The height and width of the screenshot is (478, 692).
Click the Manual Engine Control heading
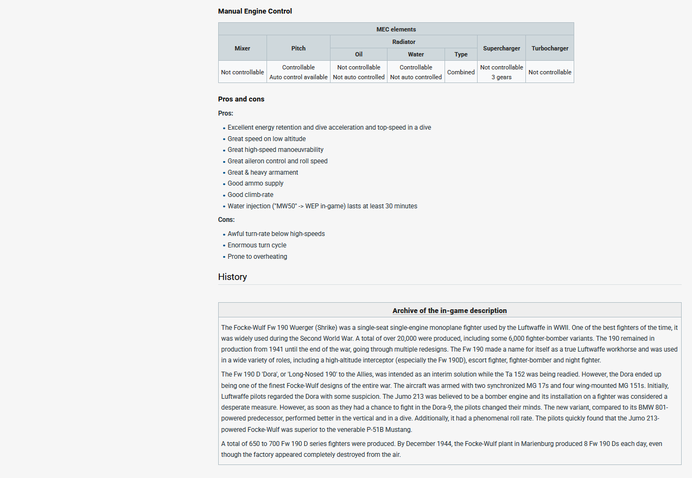(x=255, y=11)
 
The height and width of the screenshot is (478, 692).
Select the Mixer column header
(x=242, y=48)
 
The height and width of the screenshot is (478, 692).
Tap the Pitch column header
(x=298, y=48)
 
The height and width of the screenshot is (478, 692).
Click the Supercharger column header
(x=501, y=48)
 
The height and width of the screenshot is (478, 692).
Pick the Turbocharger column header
(x=550, y=48)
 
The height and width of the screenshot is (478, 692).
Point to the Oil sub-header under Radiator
(x=359, y=54)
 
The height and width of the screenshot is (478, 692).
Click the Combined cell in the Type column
(x=461, y=72)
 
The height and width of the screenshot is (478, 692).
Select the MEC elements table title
(x=396, y=29)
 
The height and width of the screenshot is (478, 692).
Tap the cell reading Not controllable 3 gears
(x=501, y=72)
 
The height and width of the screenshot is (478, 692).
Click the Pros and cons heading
(x=241, y=99)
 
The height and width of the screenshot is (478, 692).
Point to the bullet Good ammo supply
(x=255, y=183)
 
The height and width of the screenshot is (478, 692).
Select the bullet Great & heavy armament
(x=263, y=173)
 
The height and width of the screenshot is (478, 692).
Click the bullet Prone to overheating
(x=257, y=257)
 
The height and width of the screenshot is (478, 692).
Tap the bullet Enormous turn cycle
(x=257, y=245)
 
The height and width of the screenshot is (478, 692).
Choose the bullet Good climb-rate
(x=250, y=195)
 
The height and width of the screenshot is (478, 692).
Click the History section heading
(x=232, y=277)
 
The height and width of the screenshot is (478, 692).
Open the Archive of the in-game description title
(x=449, y=311)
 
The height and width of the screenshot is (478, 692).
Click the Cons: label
(x=226, y=220)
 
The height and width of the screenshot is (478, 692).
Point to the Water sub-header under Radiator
(x=416, y=54)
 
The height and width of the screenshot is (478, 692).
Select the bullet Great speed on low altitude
(x=266, y=139)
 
